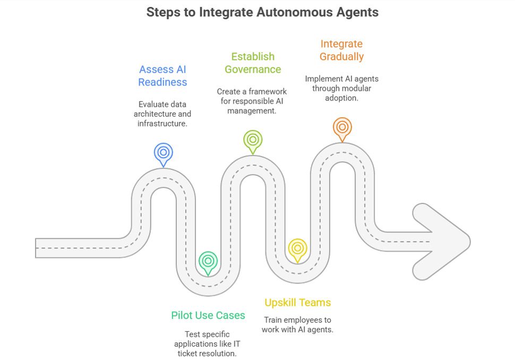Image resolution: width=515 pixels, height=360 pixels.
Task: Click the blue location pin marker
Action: coord(163,153)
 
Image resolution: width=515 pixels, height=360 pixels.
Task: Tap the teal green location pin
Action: coord(208,261)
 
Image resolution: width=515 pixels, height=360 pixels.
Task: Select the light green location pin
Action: coord(253,140)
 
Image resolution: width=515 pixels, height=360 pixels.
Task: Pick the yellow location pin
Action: coord(297,248)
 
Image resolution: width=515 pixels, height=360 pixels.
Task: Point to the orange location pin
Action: coord(342,127)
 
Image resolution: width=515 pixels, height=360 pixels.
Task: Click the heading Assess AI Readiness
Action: coord(163,76)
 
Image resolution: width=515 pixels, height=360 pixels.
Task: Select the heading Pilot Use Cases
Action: coord(208,315)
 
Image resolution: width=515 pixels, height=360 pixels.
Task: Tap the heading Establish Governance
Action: coord(253,63)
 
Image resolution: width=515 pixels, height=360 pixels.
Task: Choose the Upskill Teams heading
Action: coord(297,303)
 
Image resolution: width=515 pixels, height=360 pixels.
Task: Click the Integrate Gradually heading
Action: coord(342,50)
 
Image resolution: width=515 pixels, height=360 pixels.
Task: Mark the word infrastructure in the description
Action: coord(162,124)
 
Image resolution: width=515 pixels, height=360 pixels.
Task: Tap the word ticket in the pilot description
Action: coord(194,354)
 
